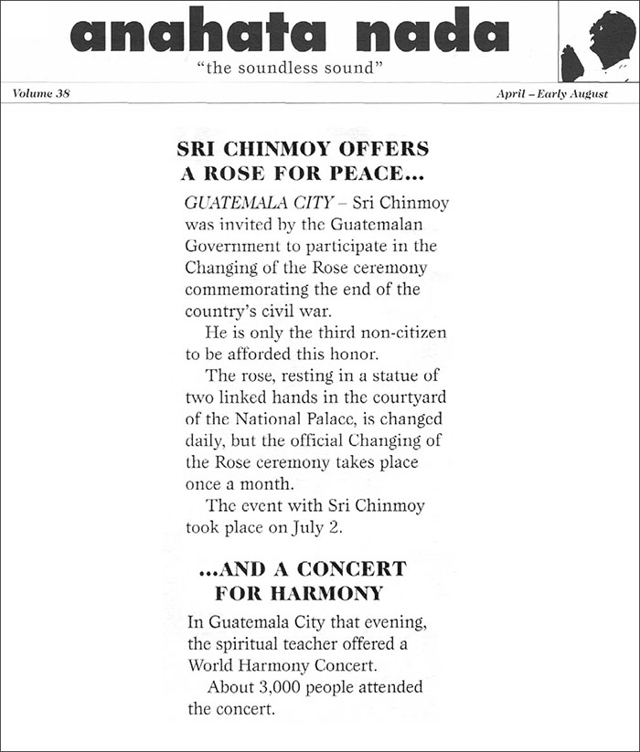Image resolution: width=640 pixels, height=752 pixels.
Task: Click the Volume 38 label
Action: click(42, 93)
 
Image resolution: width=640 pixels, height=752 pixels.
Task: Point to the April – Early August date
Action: click(551, 93)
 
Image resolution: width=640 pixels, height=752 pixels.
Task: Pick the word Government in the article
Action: click(227, 246)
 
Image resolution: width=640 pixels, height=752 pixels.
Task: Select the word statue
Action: click(406, 377)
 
